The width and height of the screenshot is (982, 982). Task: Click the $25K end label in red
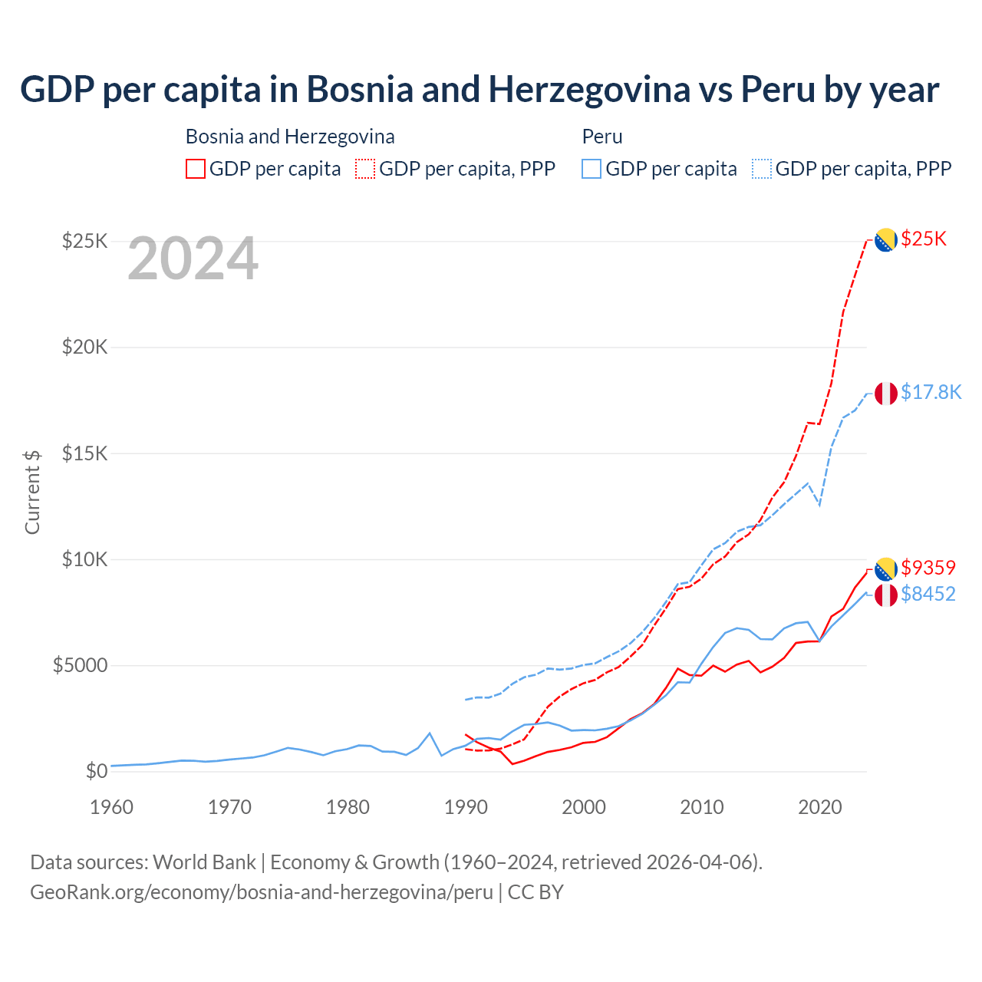924,239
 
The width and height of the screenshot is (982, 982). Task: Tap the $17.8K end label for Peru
931,393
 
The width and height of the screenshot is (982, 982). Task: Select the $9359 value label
928,568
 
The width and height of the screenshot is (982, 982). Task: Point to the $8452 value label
928,594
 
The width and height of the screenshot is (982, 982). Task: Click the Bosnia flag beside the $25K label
886,240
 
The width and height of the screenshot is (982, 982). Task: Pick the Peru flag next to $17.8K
886,393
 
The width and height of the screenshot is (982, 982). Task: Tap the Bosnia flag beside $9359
886,569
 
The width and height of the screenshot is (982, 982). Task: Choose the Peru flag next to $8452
886,595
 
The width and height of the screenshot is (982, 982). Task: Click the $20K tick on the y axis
85,348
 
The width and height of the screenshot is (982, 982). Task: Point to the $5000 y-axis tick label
80,665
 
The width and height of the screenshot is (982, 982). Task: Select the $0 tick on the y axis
96,771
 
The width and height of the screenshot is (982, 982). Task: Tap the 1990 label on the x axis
466,807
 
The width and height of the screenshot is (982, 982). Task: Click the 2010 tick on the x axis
702,807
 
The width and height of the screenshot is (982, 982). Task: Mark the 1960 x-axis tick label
112,807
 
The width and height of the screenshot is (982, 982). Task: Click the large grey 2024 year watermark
193,259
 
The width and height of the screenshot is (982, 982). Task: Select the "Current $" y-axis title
32,492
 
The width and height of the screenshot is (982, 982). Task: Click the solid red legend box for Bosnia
196,169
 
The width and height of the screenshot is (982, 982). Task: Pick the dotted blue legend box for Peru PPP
762,169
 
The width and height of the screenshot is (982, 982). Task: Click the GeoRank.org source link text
262,892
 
